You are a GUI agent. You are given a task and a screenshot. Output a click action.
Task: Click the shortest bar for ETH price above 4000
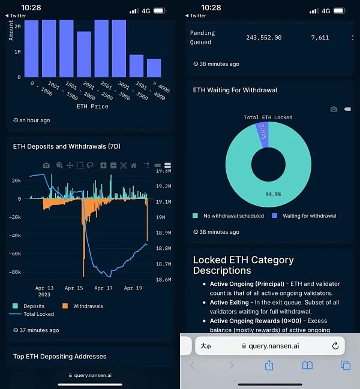[154, 68]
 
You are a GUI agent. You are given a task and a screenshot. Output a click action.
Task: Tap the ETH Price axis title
[92, 106]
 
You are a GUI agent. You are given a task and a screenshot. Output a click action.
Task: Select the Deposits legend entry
[34, 306]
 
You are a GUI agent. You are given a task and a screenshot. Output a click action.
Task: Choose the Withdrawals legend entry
[88, 306]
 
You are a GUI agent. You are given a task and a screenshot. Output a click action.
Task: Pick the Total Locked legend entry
[38, 314]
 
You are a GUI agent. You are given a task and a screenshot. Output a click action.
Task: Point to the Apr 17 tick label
[104, 288]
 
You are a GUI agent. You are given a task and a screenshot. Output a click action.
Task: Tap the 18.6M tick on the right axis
[163, 279]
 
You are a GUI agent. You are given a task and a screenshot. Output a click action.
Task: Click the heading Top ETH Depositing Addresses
[59, 357]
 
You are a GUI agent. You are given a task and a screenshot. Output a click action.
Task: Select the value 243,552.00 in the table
[263, 38]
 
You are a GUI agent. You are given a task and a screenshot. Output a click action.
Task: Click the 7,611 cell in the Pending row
[320, 38]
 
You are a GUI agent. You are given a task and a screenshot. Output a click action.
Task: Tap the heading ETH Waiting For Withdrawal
[235, 90]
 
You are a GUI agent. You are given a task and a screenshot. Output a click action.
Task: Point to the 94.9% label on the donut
[273, 194]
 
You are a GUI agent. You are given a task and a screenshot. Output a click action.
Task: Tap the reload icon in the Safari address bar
[335, 346]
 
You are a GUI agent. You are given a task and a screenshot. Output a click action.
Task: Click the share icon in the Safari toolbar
[269, 365]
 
